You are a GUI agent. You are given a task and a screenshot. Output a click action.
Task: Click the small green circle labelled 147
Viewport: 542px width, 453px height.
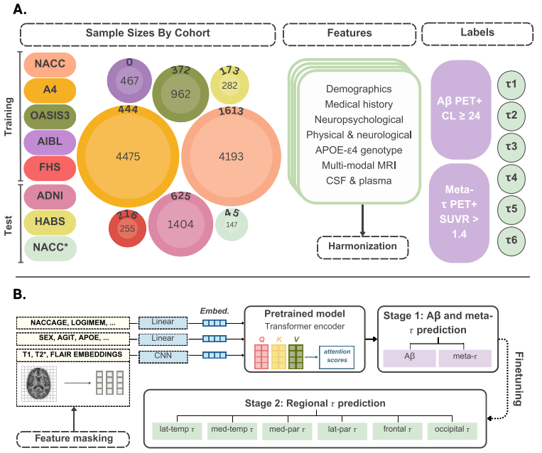pos(232,224)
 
